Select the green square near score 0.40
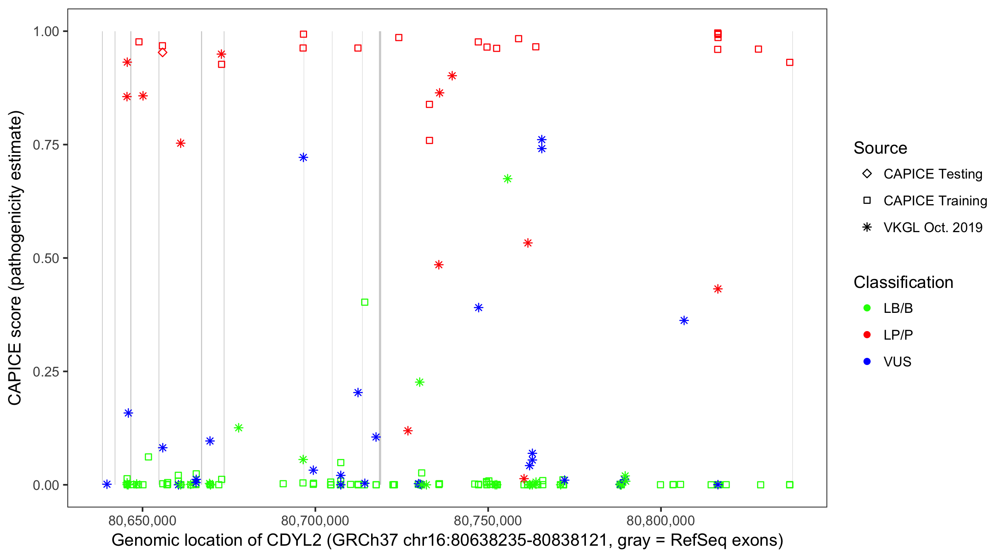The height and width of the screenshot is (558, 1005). point(364,302)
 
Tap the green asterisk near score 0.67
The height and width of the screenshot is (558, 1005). point(507,179)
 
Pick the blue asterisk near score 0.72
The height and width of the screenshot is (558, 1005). point(303,157)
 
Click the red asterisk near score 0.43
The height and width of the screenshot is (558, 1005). point(718,289)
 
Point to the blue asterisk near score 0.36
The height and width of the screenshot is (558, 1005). point(683,321)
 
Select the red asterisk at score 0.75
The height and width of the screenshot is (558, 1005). point(180,144)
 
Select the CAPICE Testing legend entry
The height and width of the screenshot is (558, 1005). point(932,174)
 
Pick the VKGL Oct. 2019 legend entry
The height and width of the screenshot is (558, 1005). point(932,227)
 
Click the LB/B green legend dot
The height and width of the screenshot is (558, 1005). point(867,308)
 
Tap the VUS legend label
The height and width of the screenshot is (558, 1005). point(897,362)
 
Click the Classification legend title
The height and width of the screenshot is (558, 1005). point(903,282)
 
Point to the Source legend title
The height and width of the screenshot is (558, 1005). point(880,148)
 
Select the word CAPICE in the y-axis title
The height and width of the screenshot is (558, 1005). point(15,374)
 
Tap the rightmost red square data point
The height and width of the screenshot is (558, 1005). point(789,62)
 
